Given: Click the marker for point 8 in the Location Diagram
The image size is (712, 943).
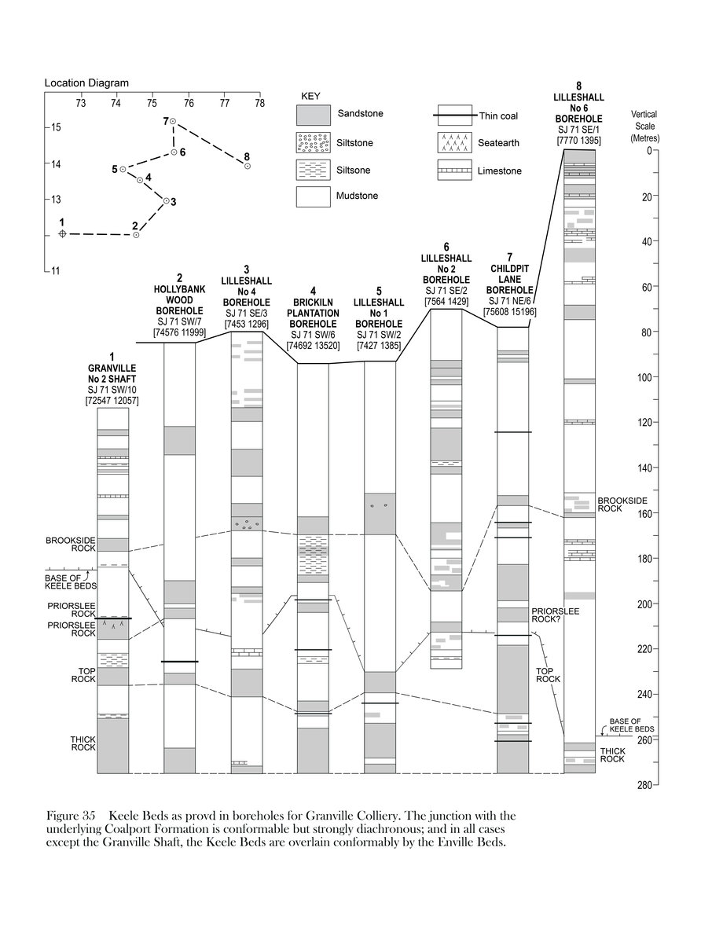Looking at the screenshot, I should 248,166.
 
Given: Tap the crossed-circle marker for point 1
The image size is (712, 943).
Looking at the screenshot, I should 62,234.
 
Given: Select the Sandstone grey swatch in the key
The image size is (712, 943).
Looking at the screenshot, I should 312,115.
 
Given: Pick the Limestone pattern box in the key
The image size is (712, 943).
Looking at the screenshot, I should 454,170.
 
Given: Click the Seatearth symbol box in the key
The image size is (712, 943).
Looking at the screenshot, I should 454,142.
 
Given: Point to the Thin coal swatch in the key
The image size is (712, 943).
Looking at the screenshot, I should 454,116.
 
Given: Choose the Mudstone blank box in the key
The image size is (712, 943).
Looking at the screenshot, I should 312,196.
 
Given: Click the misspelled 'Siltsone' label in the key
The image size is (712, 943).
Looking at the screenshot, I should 354,170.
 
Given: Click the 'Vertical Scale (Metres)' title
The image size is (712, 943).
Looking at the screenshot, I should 644,127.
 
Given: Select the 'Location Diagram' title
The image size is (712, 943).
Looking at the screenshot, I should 86,83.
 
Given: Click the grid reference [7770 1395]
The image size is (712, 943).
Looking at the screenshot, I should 579,140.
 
